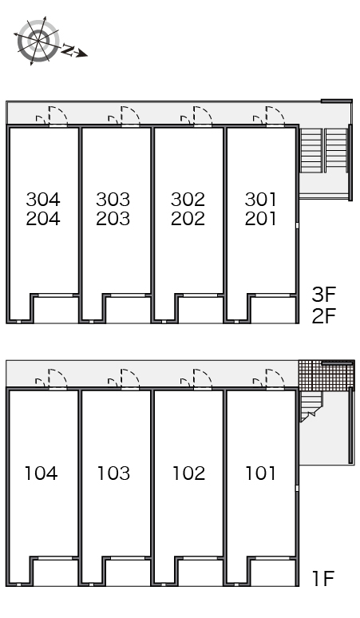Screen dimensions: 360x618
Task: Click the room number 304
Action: pyautogui.click(x=43, y=200)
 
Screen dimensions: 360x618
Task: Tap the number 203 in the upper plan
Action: pyautogui.click(x=113, y=219)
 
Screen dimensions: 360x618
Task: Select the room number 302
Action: pyautogui.click(x=188, y=200)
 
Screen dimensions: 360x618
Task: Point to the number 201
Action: pyautogui.click(x=260, y=219)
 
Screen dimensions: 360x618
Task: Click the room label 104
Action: pyautogui.click(x=42, y=473)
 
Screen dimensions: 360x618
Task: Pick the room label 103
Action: pyautogui.click(x=113, y=473)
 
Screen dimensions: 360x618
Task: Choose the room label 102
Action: pyautogui.click(x=188, y=473)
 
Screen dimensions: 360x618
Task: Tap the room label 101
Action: pyautogui.click(x=260, y=473)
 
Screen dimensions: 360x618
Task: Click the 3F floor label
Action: pyautogui.click(x=324, y=294)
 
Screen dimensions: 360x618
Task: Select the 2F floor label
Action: pyautogui.click(x=324, y=315)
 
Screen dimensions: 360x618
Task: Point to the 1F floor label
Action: pyautogui.click(x=323, y=579)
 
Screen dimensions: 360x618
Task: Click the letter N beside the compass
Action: pyautogui.click(x=69, y=50)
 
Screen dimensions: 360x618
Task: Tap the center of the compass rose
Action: pyautogui.click(x=38, y=41)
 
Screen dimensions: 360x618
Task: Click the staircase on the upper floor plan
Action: pyautogui.click(x=324, y=150)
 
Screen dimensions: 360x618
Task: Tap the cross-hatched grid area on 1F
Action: pyautogui.click(x=326, y=375)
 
